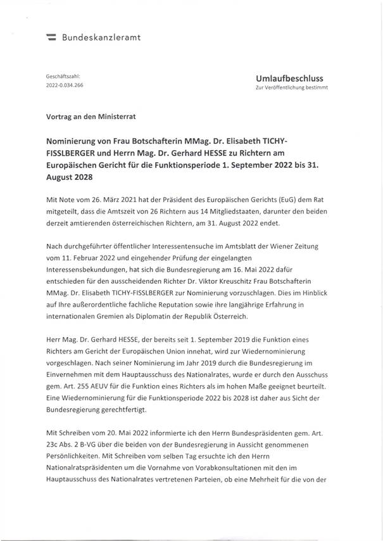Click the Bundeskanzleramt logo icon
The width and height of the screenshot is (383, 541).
click(x=52, y=38)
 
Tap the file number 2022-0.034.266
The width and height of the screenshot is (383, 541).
click(x=65, y=84)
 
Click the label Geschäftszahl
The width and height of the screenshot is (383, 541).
click(x=62, y=75)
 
